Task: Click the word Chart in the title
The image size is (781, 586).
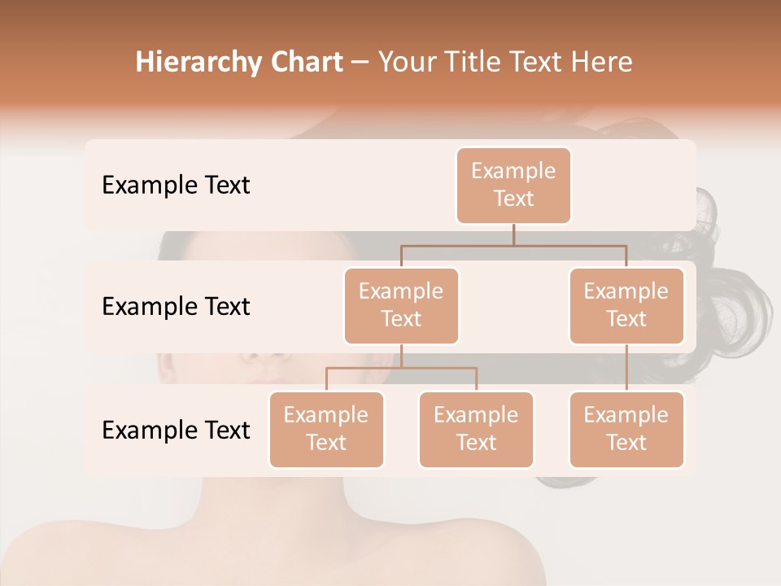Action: coord(305,62)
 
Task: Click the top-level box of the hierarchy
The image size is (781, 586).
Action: coord(513,185)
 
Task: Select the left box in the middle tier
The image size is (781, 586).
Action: coord(401,305)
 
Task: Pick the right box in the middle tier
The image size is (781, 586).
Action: coord(626,305)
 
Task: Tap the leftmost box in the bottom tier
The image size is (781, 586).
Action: coord(326,429)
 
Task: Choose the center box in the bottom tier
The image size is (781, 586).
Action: coord(476,429)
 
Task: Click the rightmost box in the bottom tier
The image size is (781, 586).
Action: coord(626,429)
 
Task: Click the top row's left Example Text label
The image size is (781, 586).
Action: coord(176,185)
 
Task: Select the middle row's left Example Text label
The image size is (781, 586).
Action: coord(176,306)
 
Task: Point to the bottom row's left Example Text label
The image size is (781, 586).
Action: coord(176,430)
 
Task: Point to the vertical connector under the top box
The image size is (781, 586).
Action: coord(513,234)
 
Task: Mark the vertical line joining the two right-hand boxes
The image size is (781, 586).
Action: coord(626,367)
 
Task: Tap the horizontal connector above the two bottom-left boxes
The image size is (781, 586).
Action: coord(401,368)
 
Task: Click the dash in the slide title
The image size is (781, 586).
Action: coord(360,63)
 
